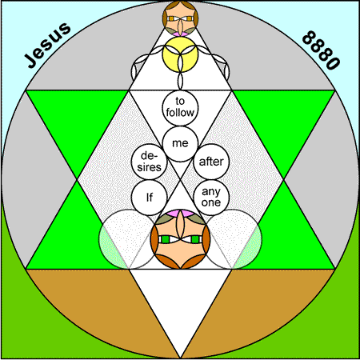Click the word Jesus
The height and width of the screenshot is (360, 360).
click(x=48, y=45)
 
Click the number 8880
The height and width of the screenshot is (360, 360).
click(x=321, y=50)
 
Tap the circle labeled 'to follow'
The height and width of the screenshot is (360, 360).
click(x=180, y=107)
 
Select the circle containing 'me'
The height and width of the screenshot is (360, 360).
click(x=180, y=144)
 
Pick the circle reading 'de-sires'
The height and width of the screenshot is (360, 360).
click(x=149, y=162)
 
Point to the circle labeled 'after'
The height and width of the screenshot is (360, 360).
click(x=211, y=162)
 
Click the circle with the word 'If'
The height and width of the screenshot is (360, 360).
click(x=149, y=198)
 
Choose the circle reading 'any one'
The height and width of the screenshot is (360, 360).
click(x=211, y=198)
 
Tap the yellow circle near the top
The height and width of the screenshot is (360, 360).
click(x=180, y=54)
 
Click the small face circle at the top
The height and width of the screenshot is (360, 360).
click(x=180, y=18)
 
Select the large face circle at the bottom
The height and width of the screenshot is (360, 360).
click(x=180, y=239)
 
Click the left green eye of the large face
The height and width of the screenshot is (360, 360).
click(x=166, y=239)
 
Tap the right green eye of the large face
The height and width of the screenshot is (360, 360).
click(x=195, y=239)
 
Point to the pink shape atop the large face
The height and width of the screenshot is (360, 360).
click(x=180, y=214)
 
